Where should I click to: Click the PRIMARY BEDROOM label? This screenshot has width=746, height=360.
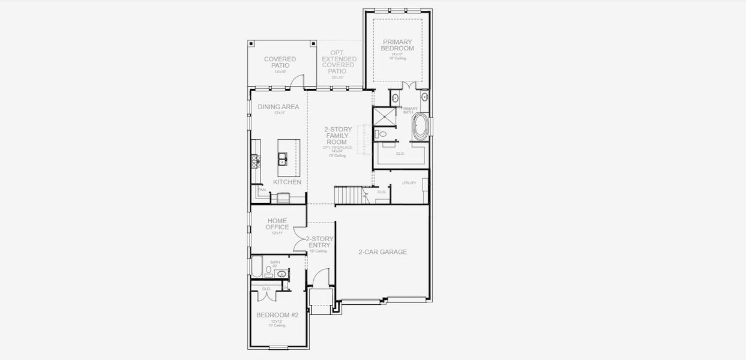[398, 45]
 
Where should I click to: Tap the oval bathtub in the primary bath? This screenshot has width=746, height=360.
[420, 127]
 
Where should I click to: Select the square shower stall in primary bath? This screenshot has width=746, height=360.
[384, 116]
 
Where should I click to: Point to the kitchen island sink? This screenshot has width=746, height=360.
[282, 158]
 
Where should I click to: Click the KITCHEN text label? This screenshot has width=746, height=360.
[287, 182]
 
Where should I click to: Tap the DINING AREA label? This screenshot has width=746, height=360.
[278, 107]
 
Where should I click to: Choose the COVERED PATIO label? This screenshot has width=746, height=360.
[280, 62]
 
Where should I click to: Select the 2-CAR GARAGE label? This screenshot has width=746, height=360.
[382, 252]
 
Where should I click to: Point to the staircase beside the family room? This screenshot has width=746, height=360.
[348, 195]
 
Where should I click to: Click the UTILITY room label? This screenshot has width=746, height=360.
[409, 183]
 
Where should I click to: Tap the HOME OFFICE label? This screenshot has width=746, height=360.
[277, 224]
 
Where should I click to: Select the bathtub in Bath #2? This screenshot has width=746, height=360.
[256, 267]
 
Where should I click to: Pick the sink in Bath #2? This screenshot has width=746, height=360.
[281, 274]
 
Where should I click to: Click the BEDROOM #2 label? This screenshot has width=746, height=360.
[277, 315]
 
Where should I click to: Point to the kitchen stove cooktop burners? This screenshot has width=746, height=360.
[254, 159]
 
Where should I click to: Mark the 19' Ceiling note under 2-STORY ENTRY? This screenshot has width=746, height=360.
[319, 251]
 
